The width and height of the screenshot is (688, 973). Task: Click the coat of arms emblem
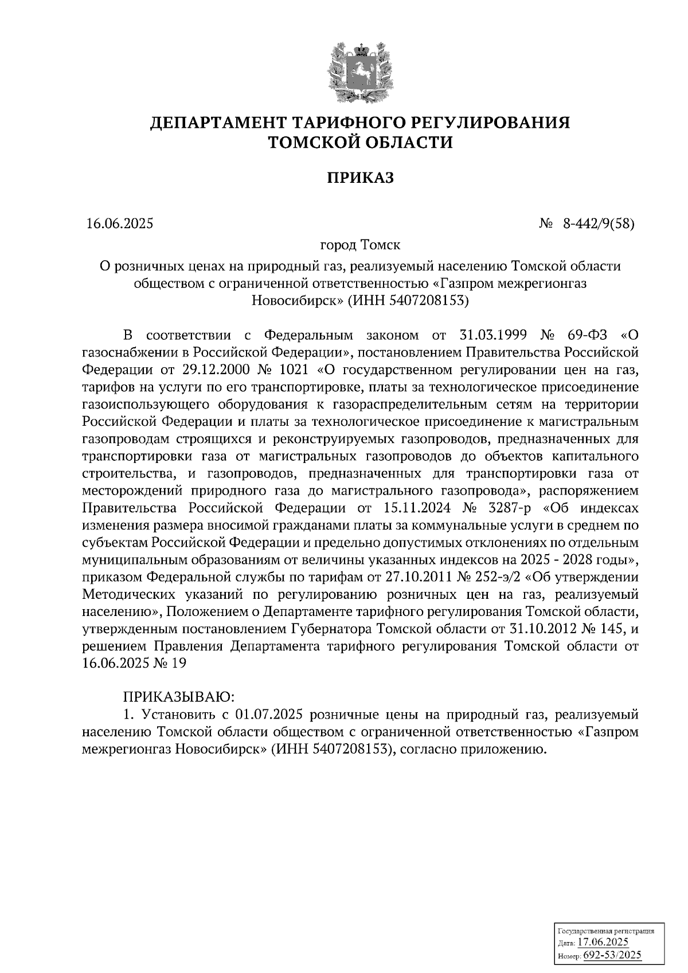point(360,72)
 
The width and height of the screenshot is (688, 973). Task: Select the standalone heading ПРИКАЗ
point(360,178)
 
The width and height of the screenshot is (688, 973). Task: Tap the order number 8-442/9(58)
point(599,224)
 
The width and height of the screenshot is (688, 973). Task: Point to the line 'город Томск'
point(360,245)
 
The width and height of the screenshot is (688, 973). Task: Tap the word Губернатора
point(331,629)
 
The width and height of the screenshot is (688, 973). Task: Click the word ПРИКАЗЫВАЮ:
point(178,697)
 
